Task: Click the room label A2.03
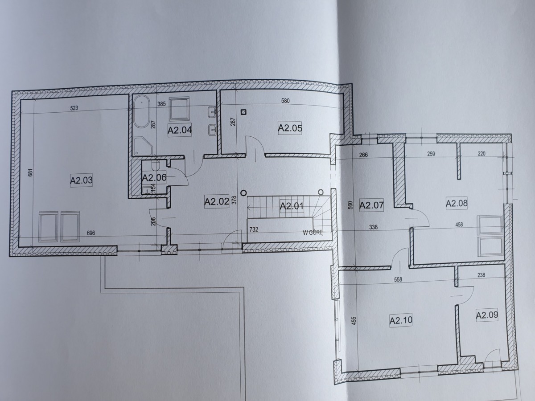tap(82, 180)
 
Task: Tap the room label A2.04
tap(180, 130)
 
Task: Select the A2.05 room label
tap(290, 128)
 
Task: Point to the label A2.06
tap(154, 178)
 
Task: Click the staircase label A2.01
tap(292, 206)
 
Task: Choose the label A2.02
tap(217, 201)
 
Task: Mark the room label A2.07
tap(371, 205)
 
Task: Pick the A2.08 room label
tap(457, 203)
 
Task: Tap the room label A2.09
tap(487, 315)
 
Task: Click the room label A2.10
tap(401, 320)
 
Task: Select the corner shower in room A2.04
tap(143, 146)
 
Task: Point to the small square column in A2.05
tap(243, 112)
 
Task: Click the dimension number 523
tap(74, 108)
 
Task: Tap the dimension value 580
tap(285, 101)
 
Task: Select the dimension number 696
tap(91, 233)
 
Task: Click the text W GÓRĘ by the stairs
tap(313, 233)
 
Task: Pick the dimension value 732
tap(254, 229)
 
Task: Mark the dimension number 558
tap(398, 280)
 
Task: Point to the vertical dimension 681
tap(30, 172)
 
